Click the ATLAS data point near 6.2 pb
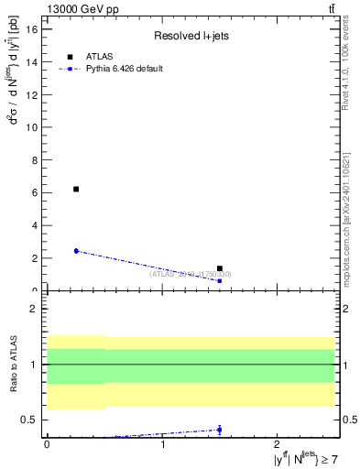click(x=76, y=189)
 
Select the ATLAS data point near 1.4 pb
click(x=220, y=268)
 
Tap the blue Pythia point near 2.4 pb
click(x=76, y=251)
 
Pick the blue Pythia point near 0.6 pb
click(x=220, y=280)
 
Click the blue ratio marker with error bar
click(x=220, y=429)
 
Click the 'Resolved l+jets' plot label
click(x=191, y=37)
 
